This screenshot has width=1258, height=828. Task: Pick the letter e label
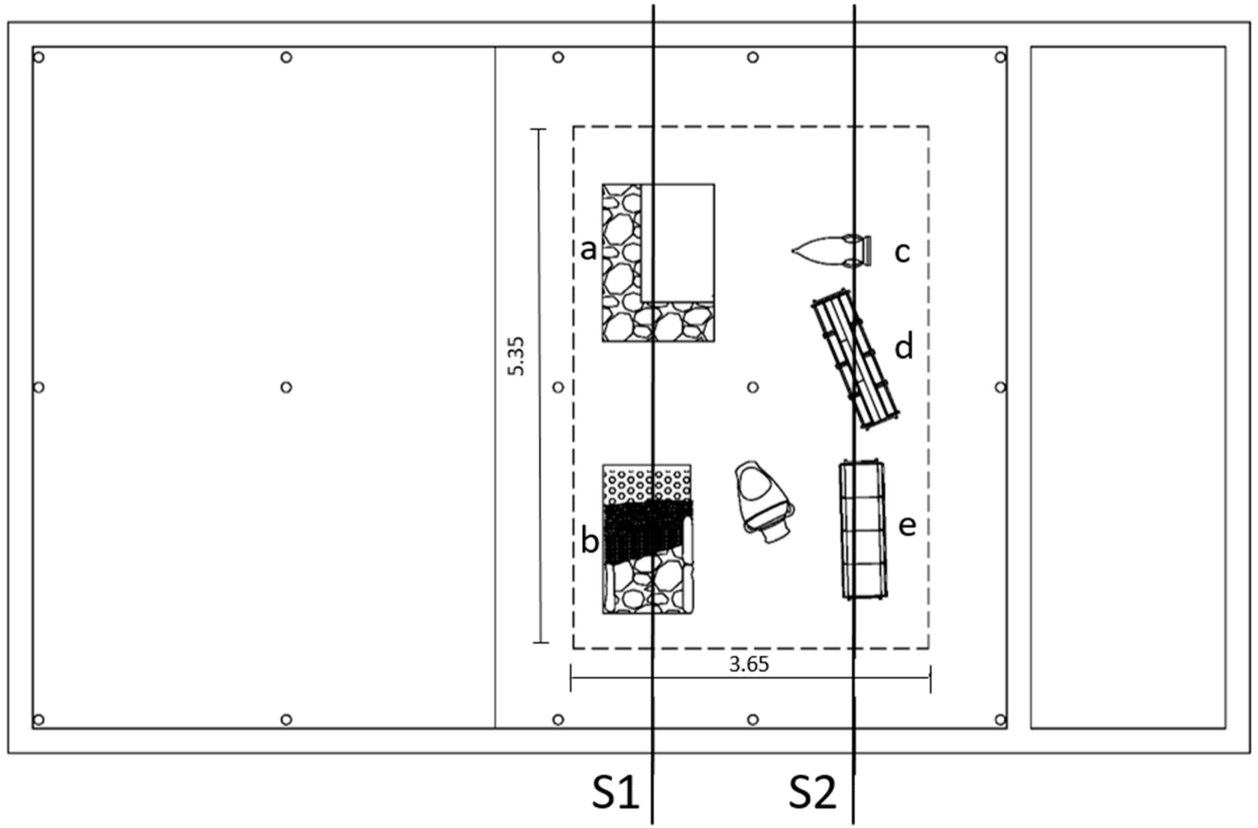click(x=907, y=526)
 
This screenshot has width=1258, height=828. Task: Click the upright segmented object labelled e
click(x=862, y=530)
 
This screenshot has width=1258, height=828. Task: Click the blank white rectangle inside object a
click(x=678, y=242)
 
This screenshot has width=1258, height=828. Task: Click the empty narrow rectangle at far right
click(x=1128, y=387)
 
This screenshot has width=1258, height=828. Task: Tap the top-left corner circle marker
click(x=39, y=57)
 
